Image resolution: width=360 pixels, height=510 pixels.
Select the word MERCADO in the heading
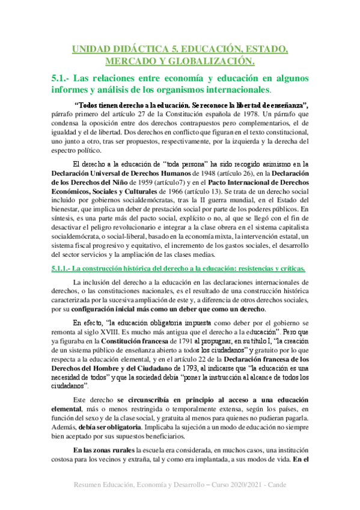pyautogui.click(x=127, y=61)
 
